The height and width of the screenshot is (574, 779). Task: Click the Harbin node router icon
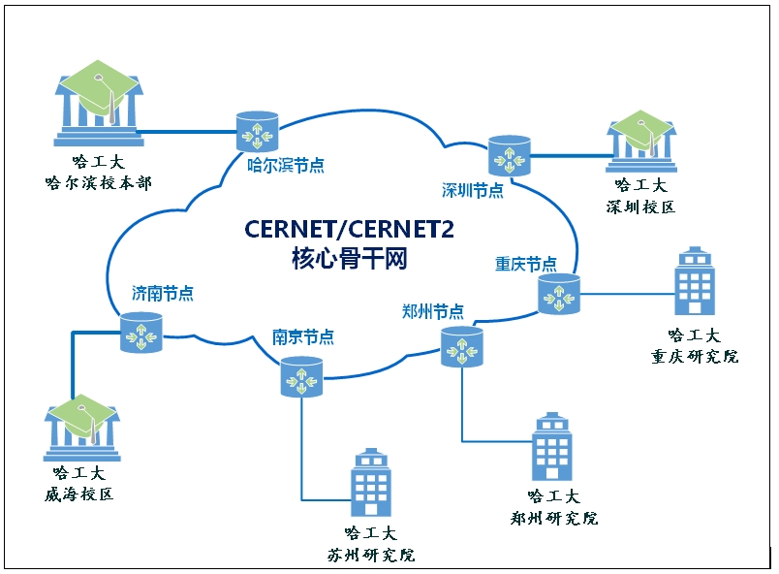(258, 129)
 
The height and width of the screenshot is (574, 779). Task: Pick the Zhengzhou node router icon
(462, 346)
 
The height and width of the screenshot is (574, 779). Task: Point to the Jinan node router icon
(141, 333)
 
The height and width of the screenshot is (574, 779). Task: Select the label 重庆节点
(526, 264)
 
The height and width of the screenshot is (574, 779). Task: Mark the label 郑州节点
(432, 311)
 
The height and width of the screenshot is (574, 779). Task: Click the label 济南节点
(163, 293)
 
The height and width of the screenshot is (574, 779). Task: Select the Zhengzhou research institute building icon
(552, 449)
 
